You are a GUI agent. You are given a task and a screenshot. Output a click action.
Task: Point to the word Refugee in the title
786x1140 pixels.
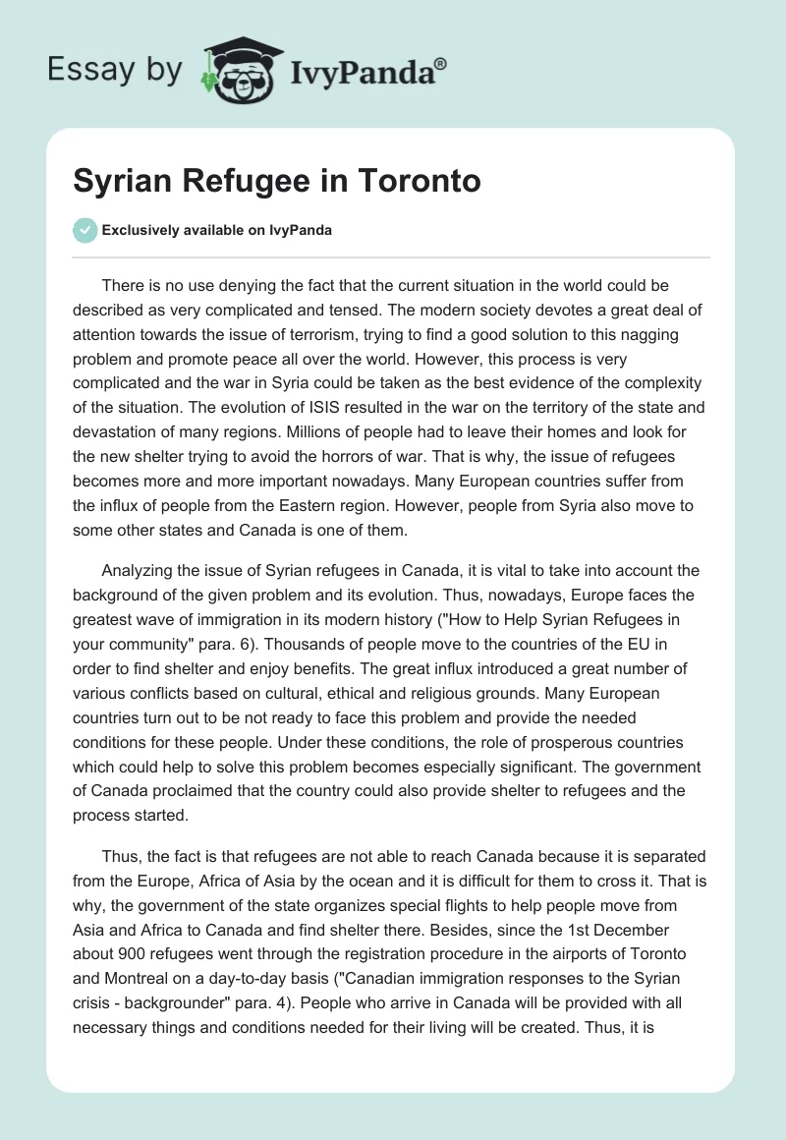tap(240, 182)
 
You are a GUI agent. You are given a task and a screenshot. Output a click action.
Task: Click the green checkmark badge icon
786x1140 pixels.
tap(85, 230)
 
